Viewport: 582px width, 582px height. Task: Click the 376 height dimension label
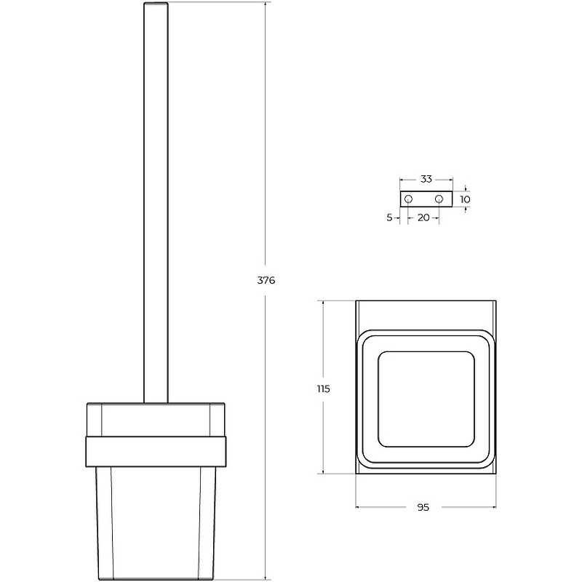[266, 280]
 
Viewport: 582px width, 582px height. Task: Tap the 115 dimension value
[323, 389]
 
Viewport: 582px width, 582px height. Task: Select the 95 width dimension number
[423, 507]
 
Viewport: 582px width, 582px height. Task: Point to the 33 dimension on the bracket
[426, 179]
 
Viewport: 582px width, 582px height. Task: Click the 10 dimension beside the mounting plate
[465, 199]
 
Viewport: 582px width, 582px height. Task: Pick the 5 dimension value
[389, 218]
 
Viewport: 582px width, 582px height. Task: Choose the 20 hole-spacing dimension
[423, 218]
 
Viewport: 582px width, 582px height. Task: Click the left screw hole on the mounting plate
[408, 199]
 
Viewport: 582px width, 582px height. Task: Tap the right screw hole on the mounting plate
[439, 199]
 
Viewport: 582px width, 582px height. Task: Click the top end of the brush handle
[156, 3]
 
